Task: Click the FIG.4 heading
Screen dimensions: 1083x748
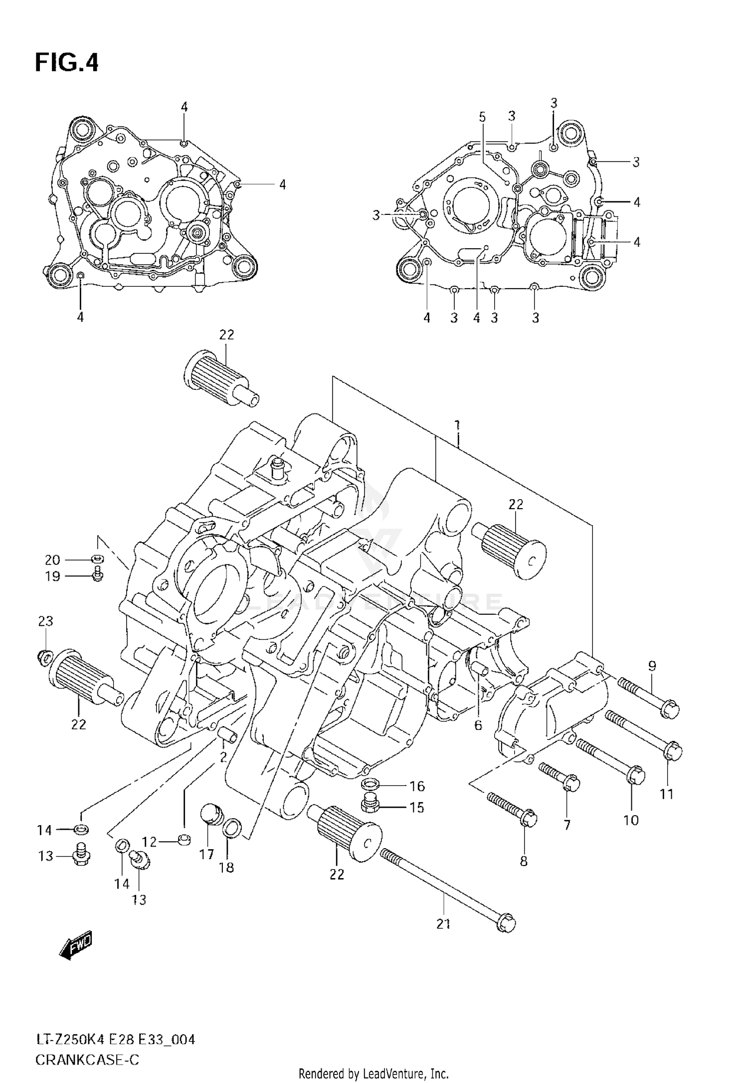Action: point(67,63)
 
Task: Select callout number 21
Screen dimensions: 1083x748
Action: point(443,923)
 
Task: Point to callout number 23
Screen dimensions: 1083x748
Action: point(46,621)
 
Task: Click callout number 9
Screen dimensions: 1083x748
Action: point(652,666)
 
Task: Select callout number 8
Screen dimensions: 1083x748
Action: point(523,861)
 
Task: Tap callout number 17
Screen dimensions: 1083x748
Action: point(206,854)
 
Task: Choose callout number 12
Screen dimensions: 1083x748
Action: point(149,842)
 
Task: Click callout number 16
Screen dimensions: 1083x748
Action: point(417,786)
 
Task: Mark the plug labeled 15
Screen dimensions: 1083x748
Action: point(370,804)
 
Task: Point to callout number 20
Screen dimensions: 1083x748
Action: point(52,560)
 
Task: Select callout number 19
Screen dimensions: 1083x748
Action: point(52,576)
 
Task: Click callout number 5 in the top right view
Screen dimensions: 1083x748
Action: point(482,117)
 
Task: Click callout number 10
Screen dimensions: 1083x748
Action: point(631,820)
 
